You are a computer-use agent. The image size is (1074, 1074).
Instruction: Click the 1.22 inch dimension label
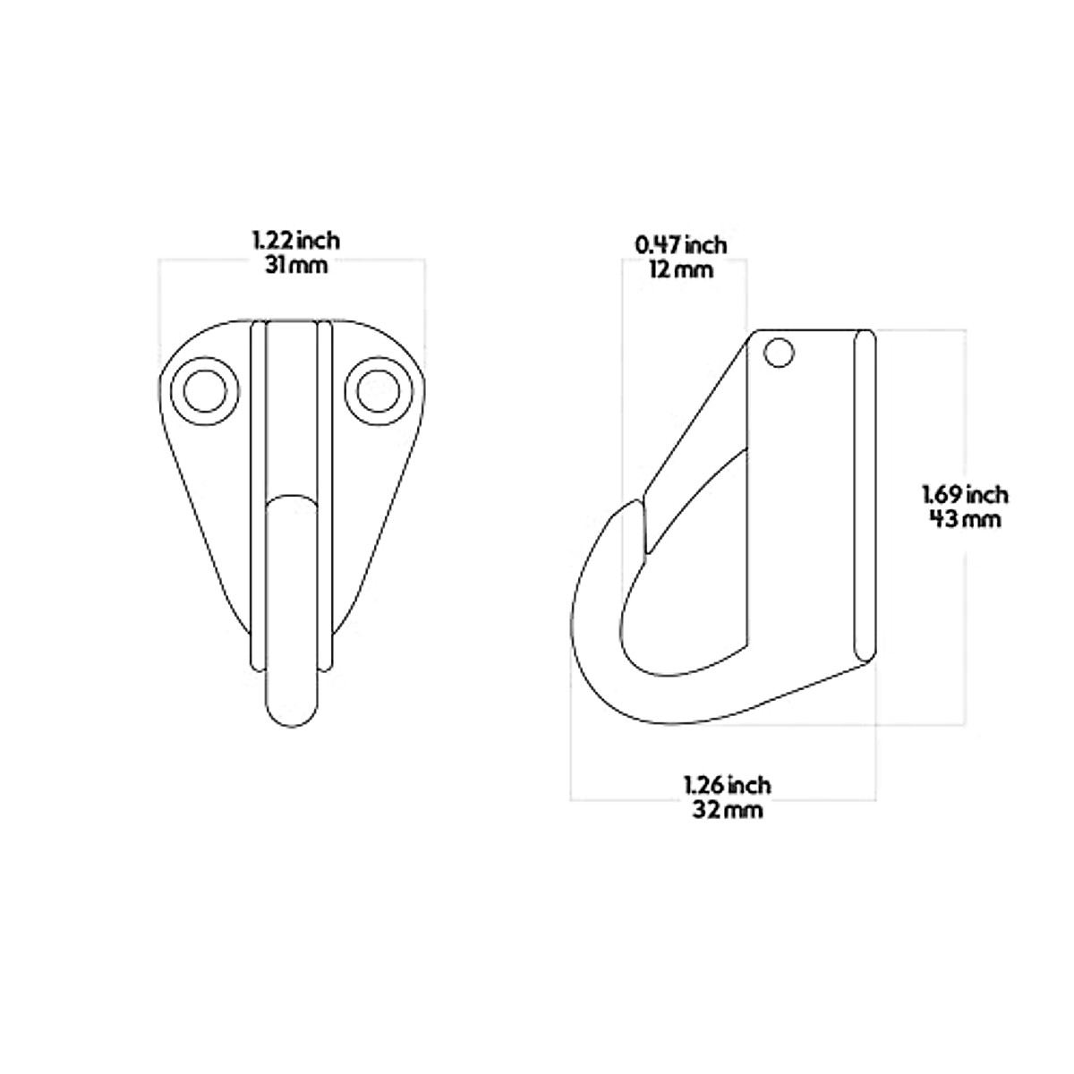pyautogui.click(x=295, y=241)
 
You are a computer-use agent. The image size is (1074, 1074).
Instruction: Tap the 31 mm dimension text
pyautogui.click(x=295, y=266)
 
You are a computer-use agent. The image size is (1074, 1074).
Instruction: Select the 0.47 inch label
pyautogui.click(x=680, y=244)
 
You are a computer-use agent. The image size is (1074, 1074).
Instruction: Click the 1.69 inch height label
pyautogui.click(x=965, y=493)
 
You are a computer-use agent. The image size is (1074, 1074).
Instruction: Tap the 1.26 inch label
pyautogui.click(x=727, y=785)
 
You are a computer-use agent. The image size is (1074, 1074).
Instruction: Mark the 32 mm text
pyautogui.click(x=727, y=810)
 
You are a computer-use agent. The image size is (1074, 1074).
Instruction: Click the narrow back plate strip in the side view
pyautogui.click(x=865, y=497)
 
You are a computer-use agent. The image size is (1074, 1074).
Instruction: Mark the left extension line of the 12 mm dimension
pyautogui.click(x=622, y=376)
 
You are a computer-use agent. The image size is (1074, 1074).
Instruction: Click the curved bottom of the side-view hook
pyautogui.click(x=680, y=712)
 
